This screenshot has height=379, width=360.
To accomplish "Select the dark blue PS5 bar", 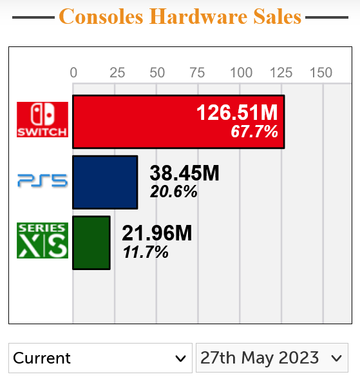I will tap(105, 182).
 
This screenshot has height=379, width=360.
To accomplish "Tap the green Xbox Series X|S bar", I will tap(91, 242).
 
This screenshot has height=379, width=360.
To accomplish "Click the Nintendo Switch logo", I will tap(43, 119).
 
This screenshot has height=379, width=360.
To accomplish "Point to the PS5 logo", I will tap(43, 180).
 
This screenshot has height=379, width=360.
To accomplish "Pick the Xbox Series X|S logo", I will tap(43, 240).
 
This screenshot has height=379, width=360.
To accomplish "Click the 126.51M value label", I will tap(236, 113).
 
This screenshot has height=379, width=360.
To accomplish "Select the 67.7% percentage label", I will tap(254, 132).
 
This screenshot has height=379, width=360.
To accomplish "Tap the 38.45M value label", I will tap(184, 173).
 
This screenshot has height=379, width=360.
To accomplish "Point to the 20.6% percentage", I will tap(173, 191).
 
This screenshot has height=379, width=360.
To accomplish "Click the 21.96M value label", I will tap(157, 233).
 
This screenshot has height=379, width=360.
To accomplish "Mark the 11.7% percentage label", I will tap(146, 252).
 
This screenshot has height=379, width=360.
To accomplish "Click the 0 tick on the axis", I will tap(73, 72).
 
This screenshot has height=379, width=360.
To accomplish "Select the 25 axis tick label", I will tap(117, 72).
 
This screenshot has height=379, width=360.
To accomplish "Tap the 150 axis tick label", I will tap(321, 72).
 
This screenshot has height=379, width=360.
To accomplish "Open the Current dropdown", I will tap(99, 358).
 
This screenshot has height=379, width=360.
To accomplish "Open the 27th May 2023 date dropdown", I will tap(270, 358).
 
